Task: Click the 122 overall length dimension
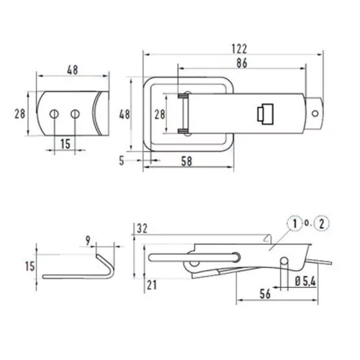(x=239, y=49)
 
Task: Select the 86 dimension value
(x=242, y=63)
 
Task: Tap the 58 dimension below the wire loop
(x=186, y=161)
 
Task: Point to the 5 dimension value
(x=122, y=161)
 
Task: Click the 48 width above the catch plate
(x=73, y=70)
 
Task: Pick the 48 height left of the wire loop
(x=125, y=114)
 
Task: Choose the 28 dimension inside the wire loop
(x=160, y=114)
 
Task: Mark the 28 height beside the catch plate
(x=19, y=114)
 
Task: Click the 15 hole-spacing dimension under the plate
(x=65, y=144)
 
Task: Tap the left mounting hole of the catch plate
(x=54, y=114)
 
